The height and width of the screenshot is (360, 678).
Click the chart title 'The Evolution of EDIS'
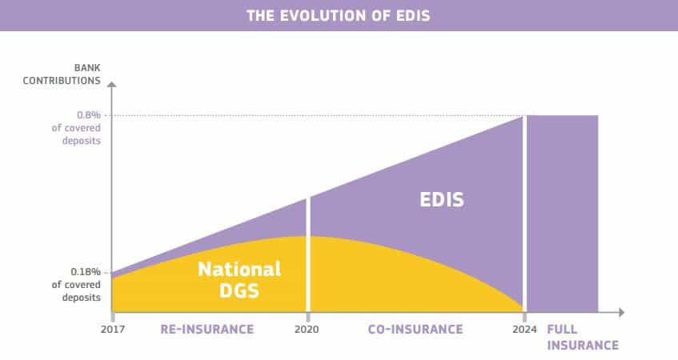[339, 16]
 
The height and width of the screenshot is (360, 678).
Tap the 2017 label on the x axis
[113, 330]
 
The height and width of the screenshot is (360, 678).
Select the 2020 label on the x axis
[307, 330]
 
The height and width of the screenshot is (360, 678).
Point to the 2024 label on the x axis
[524, 330]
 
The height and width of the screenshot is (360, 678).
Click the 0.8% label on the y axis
[89, 115]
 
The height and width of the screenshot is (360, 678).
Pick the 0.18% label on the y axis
[86, 272]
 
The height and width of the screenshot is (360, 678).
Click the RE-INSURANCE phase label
[207, 330]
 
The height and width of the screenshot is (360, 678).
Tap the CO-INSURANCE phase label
[415, 330]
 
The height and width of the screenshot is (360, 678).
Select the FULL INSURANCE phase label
[583, 337]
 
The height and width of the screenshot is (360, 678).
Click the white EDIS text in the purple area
[442, 200]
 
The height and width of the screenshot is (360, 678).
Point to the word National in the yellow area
[239, 270]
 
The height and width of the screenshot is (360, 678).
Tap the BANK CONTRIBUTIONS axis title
[62, 74]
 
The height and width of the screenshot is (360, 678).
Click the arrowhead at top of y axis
[111, 84]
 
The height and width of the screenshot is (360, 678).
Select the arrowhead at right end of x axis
[622, 312]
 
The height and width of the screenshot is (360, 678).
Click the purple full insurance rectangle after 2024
[563, 214]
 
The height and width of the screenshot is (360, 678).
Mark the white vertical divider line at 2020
[308, 255]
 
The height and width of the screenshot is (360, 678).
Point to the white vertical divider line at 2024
[525, 214]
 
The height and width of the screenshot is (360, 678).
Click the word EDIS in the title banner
[413, 16]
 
